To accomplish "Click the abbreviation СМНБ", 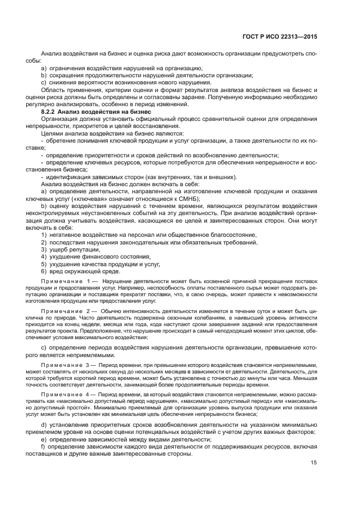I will click(x=173, y=199).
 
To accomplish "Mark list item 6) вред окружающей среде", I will click(x=81, y=271).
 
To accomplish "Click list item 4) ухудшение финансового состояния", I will click(x=96, y=256).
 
